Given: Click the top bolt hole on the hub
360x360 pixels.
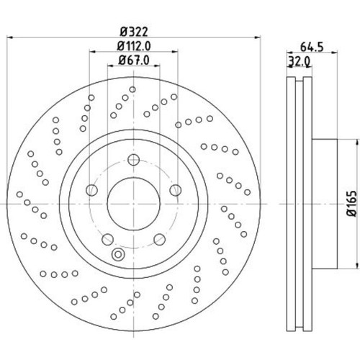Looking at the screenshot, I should (133, 161).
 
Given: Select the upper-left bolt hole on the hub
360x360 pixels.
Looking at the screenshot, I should (91, 190).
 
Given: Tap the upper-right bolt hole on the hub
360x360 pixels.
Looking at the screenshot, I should (175, 190).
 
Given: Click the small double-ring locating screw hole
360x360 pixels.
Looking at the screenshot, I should (119, 253).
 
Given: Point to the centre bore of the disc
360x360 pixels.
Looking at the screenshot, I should (133, 204).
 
